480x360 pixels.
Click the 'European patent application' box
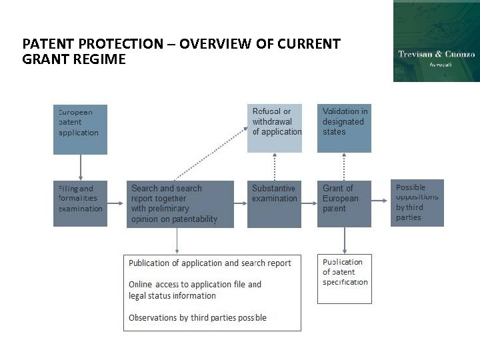(x=80, y=129)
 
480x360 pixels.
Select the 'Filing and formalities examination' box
(x=80, y=203)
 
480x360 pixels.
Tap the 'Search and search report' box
(x=180, y=204)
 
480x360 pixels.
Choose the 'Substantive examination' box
(x=274, y=204)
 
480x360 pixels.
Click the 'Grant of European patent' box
(x=344, y=204)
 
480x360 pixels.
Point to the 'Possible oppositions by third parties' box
(x=417, y=203)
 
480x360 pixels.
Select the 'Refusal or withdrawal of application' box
(x=274, y=128)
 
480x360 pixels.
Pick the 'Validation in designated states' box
(x=344, y=128)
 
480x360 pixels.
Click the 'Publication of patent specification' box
(x=344, y=279)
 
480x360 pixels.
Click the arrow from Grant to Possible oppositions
(x=381, y=201)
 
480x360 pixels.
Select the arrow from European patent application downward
(x=81, y=167)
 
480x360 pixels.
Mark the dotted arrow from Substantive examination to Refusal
(x=274, y=167)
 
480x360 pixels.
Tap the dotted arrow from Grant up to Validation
(x=345, y=167)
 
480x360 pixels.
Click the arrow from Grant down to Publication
(x=345, y=240)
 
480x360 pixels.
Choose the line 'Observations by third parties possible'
(x=197, y=318)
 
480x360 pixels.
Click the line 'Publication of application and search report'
(x=209, y=263)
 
